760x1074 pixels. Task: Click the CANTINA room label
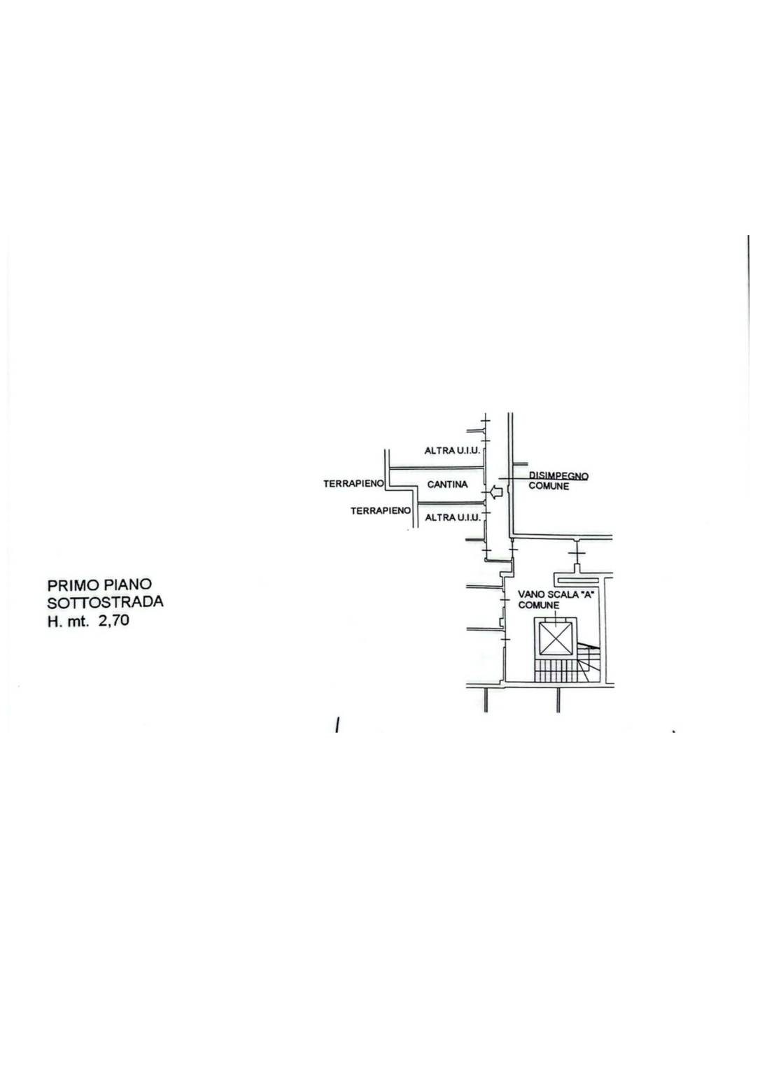point(446,484)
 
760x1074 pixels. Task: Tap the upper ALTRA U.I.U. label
point(452,451)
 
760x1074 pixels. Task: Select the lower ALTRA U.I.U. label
point(452,517)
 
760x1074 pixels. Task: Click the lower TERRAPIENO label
point(381,511)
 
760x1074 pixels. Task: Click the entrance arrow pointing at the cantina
point(495,493)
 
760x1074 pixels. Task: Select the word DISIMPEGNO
point(558,476)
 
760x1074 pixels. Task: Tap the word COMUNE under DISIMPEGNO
point(548,486)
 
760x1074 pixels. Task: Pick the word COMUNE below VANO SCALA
point(538,605)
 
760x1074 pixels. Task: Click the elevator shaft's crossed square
point(556,638)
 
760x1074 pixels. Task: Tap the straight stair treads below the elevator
point(556,670)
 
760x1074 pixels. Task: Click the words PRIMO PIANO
point(99,584)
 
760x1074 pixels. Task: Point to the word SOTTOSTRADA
point(105,602)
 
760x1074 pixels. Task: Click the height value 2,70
point(114,620)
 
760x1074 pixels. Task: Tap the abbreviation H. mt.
point(68,621)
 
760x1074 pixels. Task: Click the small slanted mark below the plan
point(338,725)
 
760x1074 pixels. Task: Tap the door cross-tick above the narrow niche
point(577,553)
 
